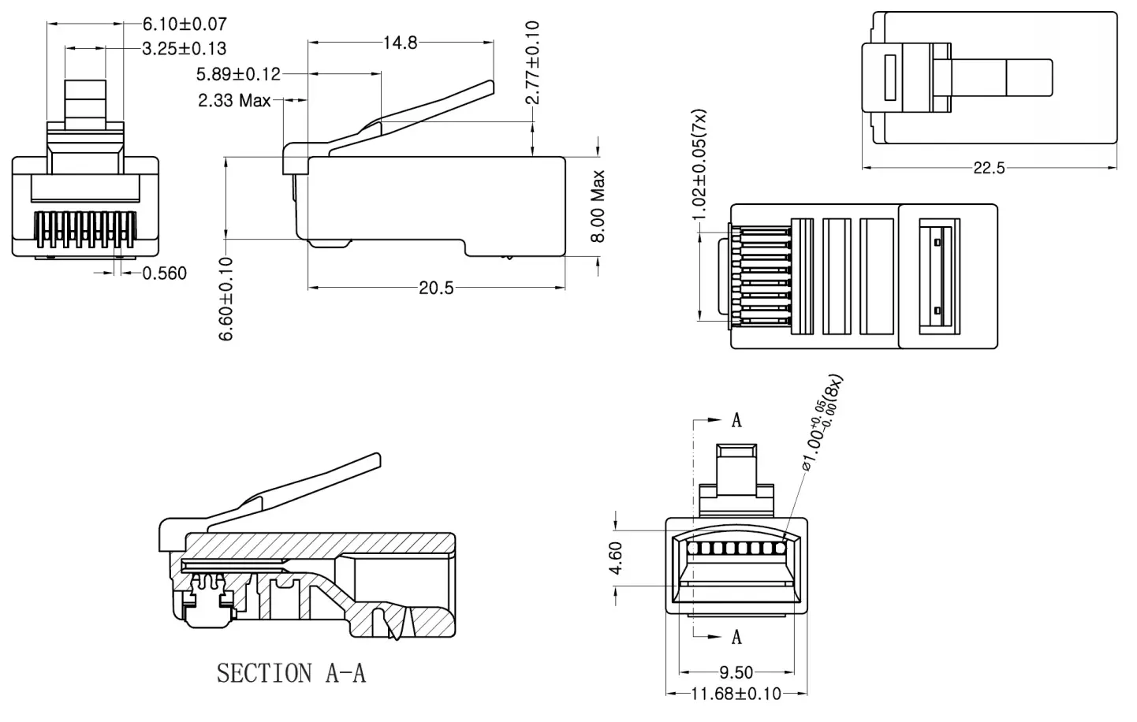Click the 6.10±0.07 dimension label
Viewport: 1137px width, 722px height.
pos(185,24)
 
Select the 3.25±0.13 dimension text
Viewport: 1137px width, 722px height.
pos(185,49)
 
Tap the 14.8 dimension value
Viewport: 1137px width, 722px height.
pos(401,43)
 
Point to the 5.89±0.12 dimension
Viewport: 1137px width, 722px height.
pos(238,74)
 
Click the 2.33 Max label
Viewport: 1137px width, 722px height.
pos(234,101)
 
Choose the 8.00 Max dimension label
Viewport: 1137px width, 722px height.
pos(598,206)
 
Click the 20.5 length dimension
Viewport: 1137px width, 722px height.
pos(436,288)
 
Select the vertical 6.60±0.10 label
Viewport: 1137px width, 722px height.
pos(226,299)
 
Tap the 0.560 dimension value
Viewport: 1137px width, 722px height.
pos(165,274)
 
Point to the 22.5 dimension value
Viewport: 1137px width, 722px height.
pos(989,168)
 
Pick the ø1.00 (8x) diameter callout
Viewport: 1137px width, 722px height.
pos(822,425)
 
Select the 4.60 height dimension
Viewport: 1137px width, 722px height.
pos(617,558)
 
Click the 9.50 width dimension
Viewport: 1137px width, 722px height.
pos(736,672)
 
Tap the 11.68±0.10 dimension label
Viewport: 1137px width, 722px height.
pos(736,694)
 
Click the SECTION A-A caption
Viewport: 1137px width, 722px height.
pos(291,673)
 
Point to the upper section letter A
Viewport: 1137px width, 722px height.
pos(736,420)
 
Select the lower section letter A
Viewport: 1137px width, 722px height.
pos(736,636)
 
